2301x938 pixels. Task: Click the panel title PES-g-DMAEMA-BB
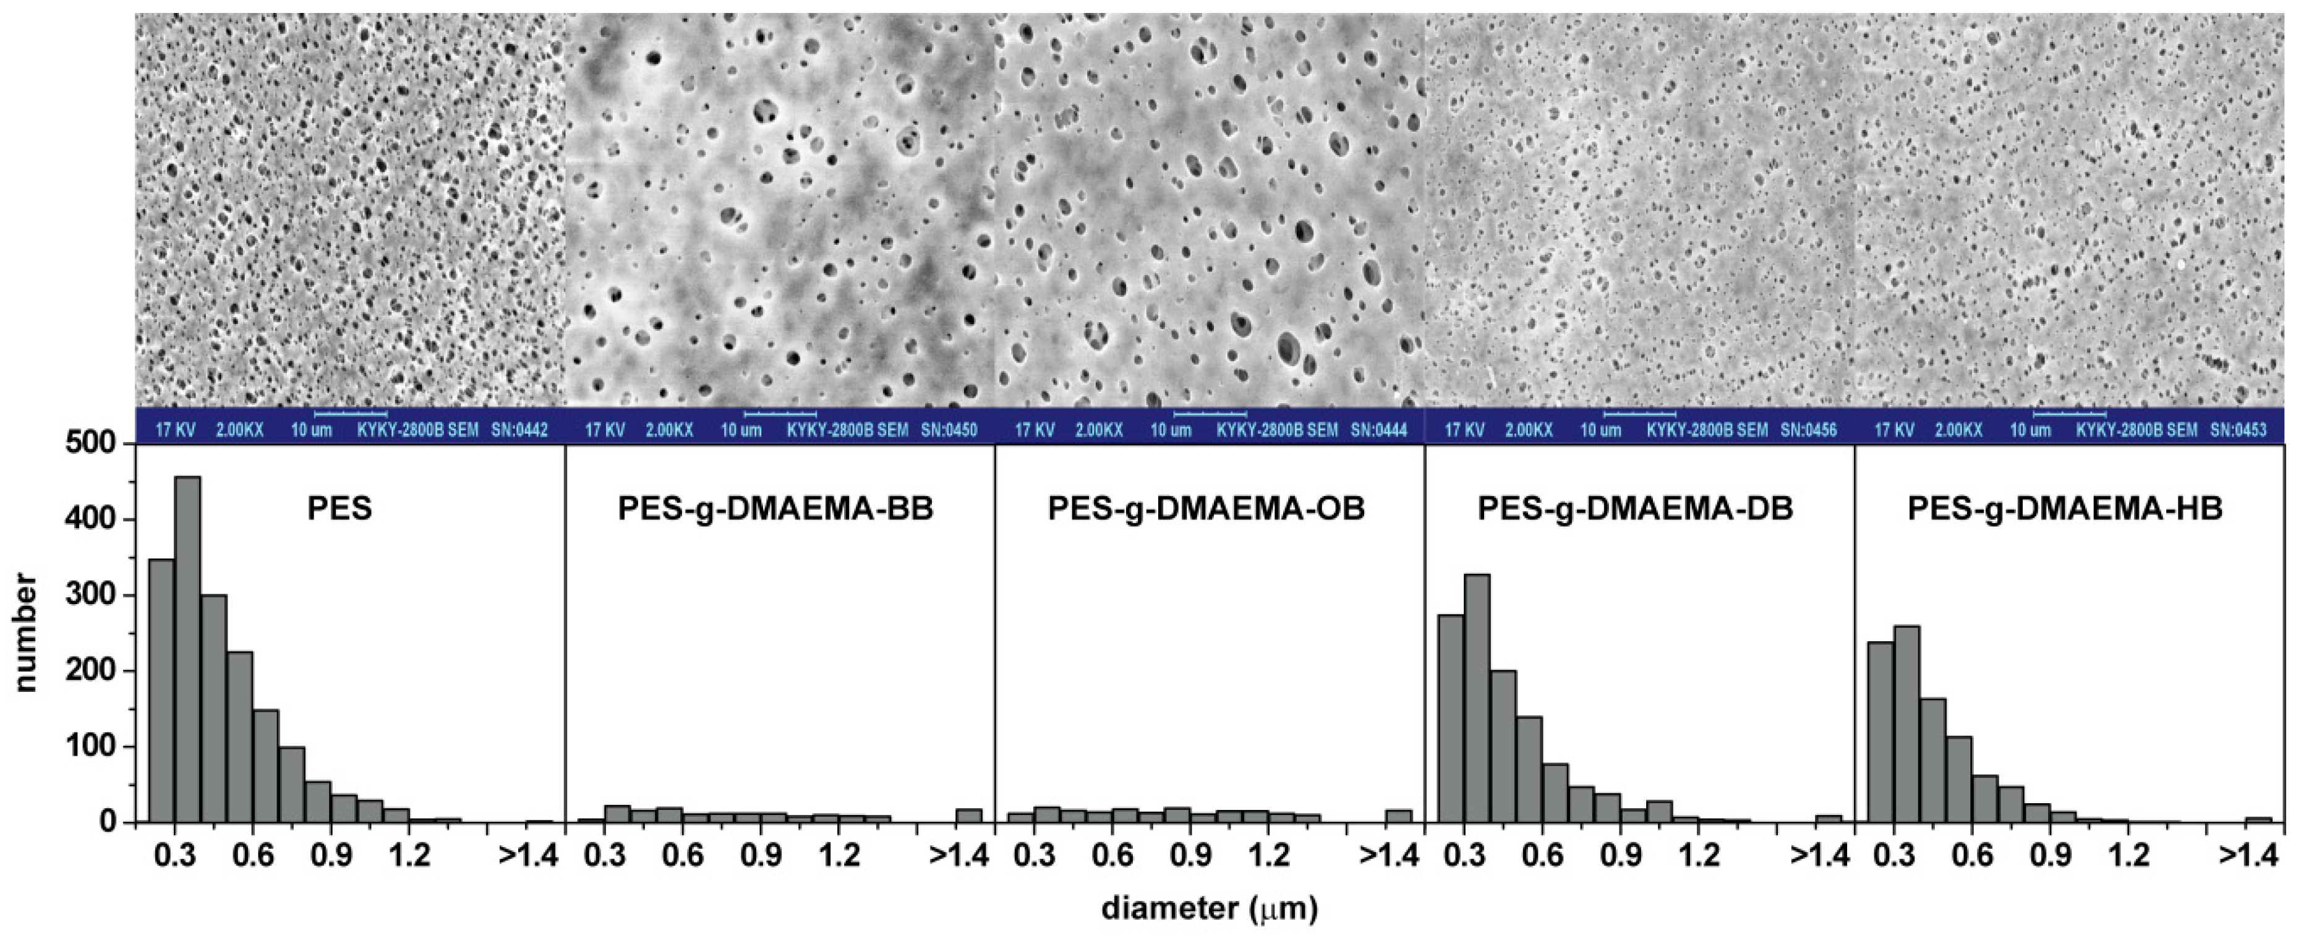[x=775, y=508]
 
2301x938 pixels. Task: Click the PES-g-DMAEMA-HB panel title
[x=2065, y=508]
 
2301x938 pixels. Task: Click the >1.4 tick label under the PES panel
[x=529, y=855]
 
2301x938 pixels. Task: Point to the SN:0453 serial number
[x=2239, y=430]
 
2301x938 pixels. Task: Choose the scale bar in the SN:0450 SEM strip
[x=780, y=414]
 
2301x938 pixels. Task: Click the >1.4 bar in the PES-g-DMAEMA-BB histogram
[x=968, y=815]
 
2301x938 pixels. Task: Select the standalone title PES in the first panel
[x=339, y=508]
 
